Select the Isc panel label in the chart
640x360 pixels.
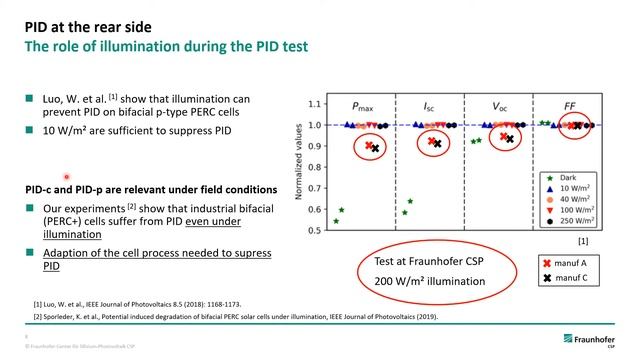[x=431, y=106]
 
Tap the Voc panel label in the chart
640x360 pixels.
[x=503, y=106]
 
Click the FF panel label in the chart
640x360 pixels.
[x=570, y=106]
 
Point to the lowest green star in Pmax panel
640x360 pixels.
[x=336, y=221]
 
